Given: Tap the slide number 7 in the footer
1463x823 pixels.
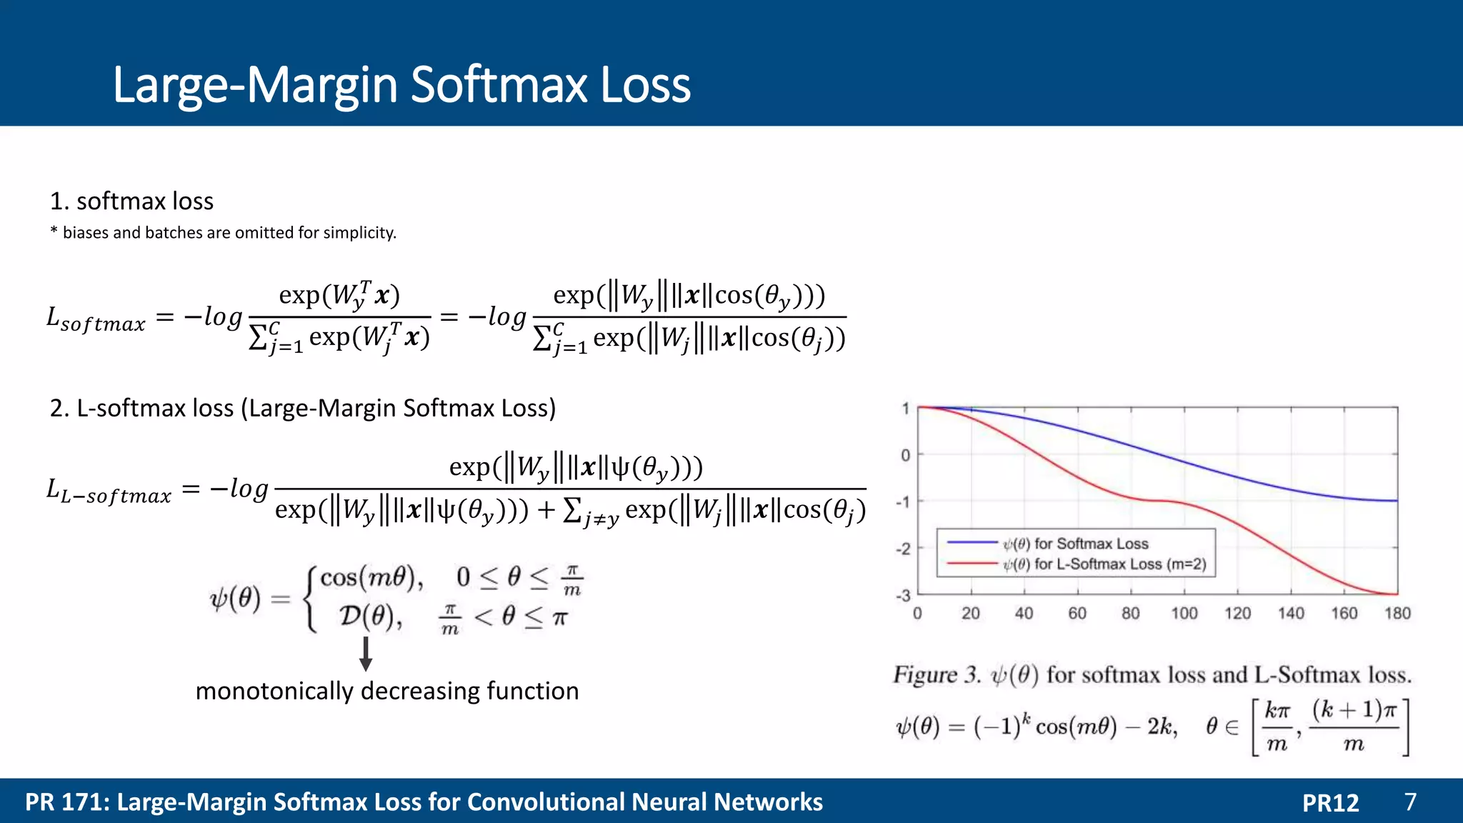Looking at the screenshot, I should tap(1410, 802).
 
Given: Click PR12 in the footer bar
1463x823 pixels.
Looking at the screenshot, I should tap(1330, 802).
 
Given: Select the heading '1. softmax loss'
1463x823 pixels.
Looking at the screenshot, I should tap(131, 201).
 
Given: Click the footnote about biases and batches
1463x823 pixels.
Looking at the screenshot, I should tap(223, 233).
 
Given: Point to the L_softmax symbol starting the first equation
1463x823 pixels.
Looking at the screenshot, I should tap(95, 319).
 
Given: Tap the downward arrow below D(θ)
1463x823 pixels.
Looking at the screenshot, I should tap(366, 654).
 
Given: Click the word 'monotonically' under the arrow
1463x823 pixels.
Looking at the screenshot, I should tap(274, 692).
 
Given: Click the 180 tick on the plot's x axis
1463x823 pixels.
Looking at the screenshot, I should tap(1397, 613).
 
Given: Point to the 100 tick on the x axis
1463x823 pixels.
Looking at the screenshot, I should tap(1184, 613).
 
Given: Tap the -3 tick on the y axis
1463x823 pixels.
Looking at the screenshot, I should tap(904, 595).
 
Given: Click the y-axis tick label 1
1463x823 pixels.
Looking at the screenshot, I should tap(905, 409).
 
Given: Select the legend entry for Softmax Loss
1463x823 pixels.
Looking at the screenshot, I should tap(1076, 544).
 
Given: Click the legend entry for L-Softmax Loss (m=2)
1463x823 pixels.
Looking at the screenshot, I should tap(1104, 564).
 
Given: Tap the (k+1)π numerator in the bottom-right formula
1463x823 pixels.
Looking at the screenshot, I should tap(1354, 710).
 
